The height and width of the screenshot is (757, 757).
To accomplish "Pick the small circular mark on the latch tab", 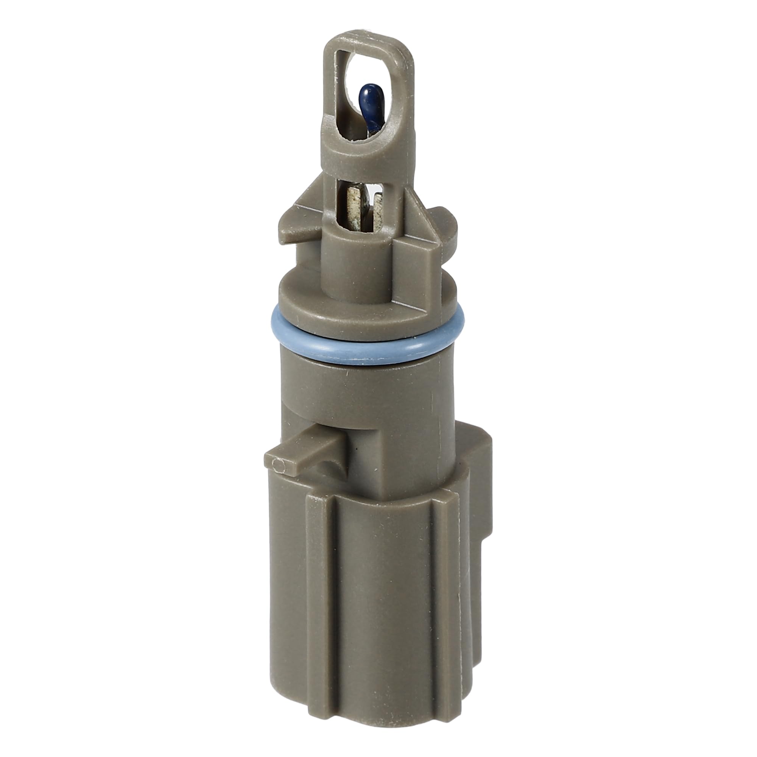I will point(279,465).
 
